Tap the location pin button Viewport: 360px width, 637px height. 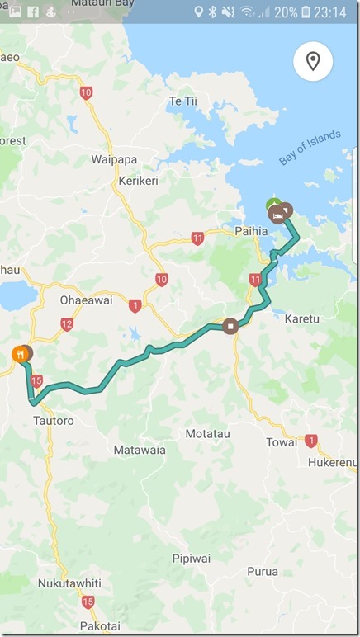[313, 61]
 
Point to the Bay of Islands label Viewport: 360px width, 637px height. [310, 148]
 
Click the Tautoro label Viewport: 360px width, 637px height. [54, 421]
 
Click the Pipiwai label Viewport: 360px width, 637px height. [191, 559]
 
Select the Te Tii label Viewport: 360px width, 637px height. [185, 101]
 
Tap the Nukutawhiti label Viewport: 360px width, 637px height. [69, 583]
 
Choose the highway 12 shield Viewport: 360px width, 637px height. [67, 325]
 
